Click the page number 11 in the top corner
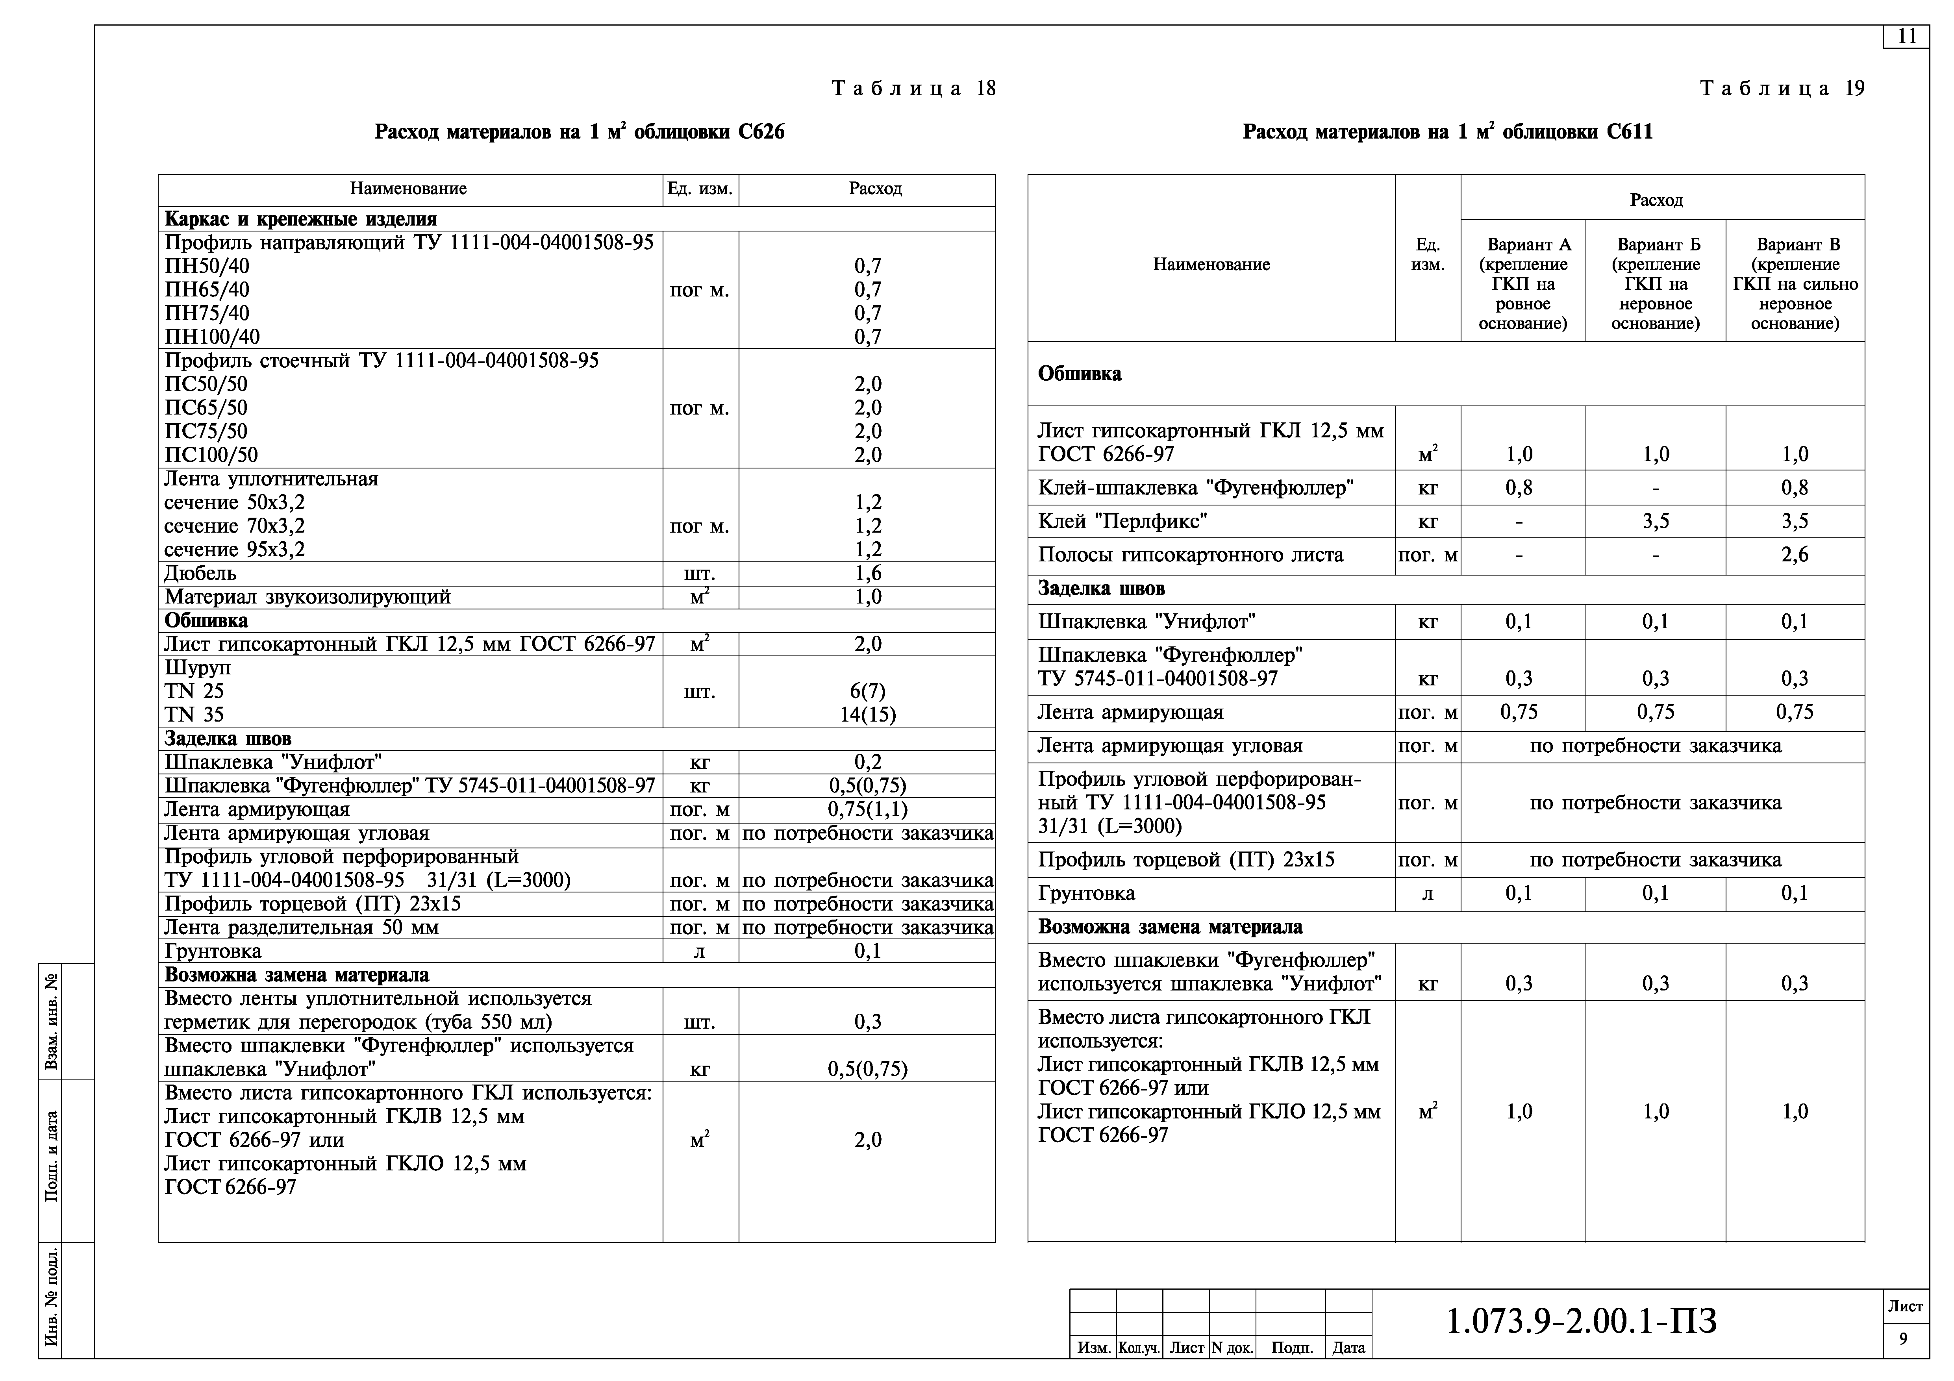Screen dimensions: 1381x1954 click(1906, 37)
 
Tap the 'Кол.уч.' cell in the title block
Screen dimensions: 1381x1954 click(1139, 1348)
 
